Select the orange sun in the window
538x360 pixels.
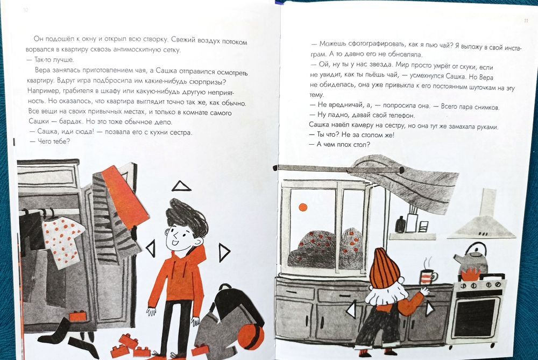point(302,207)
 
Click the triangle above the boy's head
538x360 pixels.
point(181,186)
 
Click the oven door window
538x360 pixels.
point(476,317)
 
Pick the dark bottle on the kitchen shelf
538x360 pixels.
point(400,224)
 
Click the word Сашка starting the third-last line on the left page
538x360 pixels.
point(39,122)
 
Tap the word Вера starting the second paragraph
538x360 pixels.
point(43,70)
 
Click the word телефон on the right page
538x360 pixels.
point(401,116)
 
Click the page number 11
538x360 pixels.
point(526,21)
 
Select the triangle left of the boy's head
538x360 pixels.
point(151,248)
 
